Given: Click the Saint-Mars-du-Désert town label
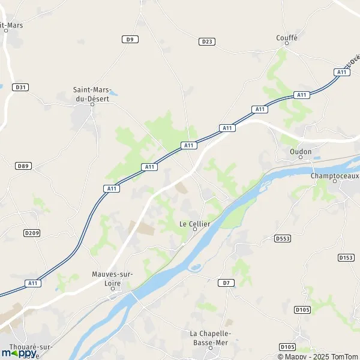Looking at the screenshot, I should click(x=91, y=94).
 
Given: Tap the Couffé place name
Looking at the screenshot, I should click(x=287, y=37).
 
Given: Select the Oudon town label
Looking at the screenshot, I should click(x=301, y=152).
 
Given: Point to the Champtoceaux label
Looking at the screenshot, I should click(x=334, y=176).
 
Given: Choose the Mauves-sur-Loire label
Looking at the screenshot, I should click(x=112, y=278).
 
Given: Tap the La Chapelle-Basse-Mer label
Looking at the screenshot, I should click(x=210, y=337).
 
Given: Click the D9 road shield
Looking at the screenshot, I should click(x=130, y=39).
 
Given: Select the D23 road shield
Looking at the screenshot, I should click(x=207, y=41).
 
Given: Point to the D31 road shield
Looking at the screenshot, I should click(x=22, y=87).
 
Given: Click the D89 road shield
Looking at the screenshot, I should click(x=23, y=166).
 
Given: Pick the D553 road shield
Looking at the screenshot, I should click(x=283, y=238).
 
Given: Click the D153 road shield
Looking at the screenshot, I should click(x=346, y=257).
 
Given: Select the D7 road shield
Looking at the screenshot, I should click(x=225, y=282).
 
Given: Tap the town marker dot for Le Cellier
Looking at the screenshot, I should click(x=195, y=230).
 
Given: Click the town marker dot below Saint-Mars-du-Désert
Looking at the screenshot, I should click(x=92, y=104).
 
